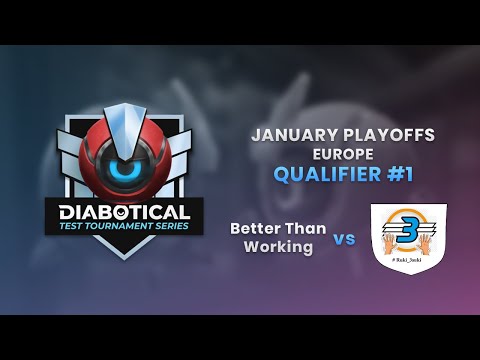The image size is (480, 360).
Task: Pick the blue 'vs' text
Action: tap(344, 239)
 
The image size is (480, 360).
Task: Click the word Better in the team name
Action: tap(253, 229)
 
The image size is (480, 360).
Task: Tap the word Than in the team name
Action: tap(306, 229)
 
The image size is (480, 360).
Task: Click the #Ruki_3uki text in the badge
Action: tap(408, 267)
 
